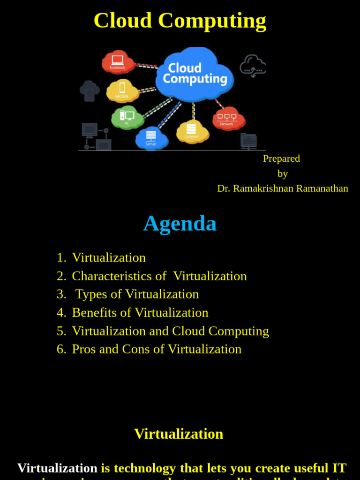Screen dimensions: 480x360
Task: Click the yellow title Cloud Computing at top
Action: (180, 21)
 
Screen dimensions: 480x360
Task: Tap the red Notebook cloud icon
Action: (118, 62)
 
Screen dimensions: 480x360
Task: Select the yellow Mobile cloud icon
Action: (122, 90)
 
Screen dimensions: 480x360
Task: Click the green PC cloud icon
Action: (127, 117)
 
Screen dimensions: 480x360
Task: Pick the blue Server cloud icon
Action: (151, 138)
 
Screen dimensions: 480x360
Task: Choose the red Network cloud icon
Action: (227, 118)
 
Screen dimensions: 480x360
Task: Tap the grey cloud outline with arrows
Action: (253, 66)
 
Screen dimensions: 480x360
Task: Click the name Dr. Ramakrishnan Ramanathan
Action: (283, 188)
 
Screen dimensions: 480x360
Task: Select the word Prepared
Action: (281, 158)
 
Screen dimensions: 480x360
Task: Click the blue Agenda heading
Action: (180, 223)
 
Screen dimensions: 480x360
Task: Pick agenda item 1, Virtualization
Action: (109, 257)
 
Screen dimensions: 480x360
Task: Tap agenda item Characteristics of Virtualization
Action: (159, 276)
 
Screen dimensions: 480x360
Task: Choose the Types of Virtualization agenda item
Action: (137, 294)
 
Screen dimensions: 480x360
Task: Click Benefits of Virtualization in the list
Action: (140, 312)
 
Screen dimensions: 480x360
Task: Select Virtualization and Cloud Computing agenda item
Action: (170, 331)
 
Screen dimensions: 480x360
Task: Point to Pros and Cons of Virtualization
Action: (157, 349)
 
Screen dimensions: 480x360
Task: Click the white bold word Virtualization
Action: (57, 468)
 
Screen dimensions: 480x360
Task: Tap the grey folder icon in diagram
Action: (248, 141)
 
